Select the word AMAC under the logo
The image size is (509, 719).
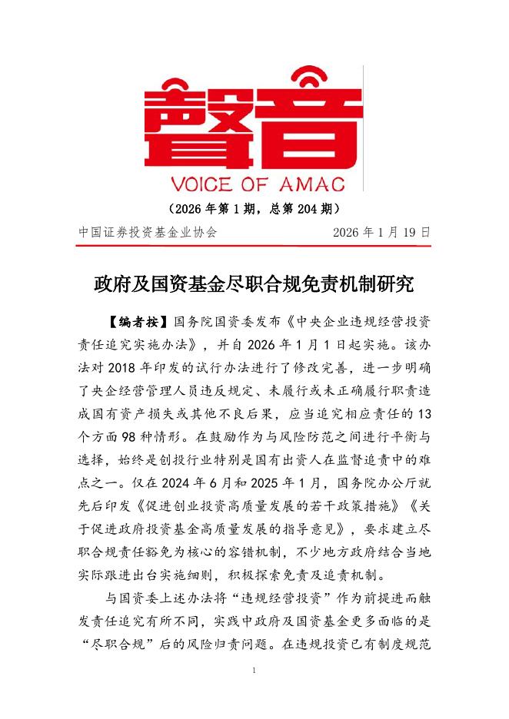pyautogui.click(x=316, y=184)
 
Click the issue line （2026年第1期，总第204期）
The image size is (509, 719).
pyautogui.click(x=254, y=208)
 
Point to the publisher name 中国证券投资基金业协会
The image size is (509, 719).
pyautogui.click(x=148, y=231)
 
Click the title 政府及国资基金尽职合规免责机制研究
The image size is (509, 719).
pyautogui.click(x=254, y=283)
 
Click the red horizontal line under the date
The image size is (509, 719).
pyautogui.click(x=254, y=246)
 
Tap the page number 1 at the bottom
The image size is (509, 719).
pyautogui.click(x=254, y=671)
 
